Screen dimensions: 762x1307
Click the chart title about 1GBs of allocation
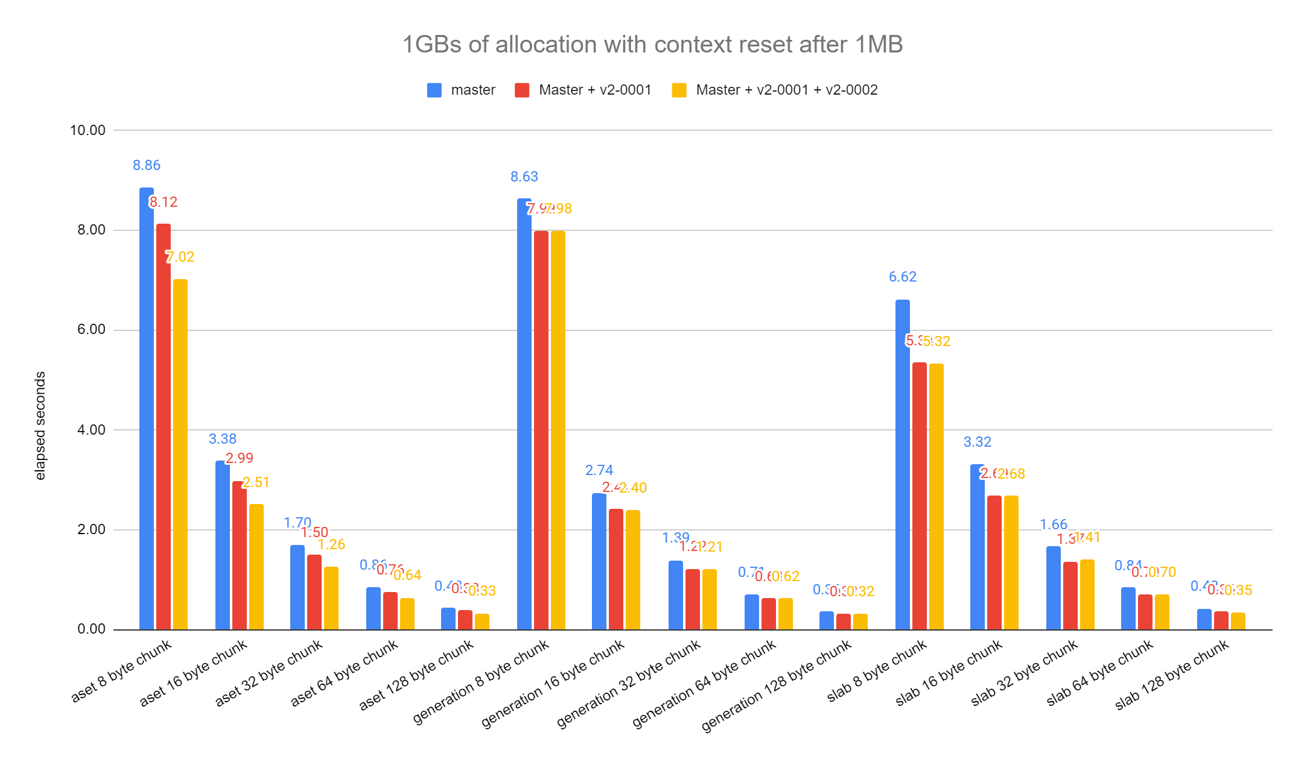[x=652, y=45]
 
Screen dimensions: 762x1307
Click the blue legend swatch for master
[x=434, y=90]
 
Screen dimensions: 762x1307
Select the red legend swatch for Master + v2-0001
[x=522, y=90]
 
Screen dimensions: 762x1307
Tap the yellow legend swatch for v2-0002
[x=679, y=90]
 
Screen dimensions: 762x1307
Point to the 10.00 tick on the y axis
[x=87, y=130]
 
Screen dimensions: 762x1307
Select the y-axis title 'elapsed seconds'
[x=40, y=426]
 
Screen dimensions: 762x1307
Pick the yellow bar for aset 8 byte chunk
[x=180, y=455]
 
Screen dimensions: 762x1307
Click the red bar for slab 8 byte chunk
[x=919, y=496]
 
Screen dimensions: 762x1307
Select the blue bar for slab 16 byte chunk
[x=977, y=547]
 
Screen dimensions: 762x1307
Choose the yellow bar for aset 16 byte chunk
[x=256, y=567]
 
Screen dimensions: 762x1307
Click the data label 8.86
[x=147, y=165]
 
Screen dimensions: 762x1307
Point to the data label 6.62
[x=902, y=277]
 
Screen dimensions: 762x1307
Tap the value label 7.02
[x=181, y=257]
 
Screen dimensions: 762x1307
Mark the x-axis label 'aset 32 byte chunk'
[x=269, y=673]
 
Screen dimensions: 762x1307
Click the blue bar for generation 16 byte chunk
[x=599, y=561]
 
